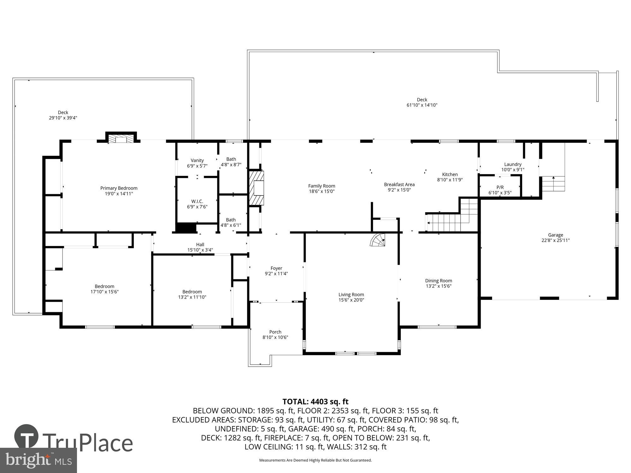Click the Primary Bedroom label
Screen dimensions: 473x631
click(x=119, y=188)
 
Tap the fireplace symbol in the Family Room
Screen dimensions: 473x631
click(x=257, y=188)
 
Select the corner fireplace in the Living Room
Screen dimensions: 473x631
click(x=379, y=240)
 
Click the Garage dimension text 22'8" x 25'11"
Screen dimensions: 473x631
click(x=555, y=240)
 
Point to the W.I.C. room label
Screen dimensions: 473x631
click(x=197, y=201)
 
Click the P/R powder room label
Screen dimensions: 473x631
click(x=500, y=187)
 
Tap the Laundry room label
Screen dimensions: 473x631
click(x=513, y=164)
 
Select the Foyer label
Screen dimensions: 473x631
click(x=276, y=268)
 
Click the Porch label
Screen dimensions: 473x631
click(x=275, y=332)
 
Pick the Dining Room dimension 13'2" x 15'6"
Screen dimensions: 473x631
click(x=439, y=286)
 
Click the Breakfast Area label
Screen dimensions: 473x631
click(x=399, y=184)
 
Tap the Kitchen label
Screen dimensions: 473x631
click(x=450, y=174)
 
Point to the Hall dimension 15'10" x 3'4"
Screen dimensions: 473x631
click(x=200, y=250)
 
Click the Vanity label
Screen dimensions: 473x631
click(x=197, y=161)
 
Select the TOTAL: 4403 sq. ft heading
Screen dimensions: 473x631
click(x=315, y=402)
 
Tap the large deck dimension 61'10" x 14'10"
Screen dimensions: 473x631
click(x=422, y=105)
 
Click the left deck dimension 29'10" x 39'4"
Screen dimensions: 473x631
click(x=63, y=118)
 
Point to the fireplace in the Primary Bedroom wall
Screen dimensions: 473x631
click(x=121, y=139)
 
